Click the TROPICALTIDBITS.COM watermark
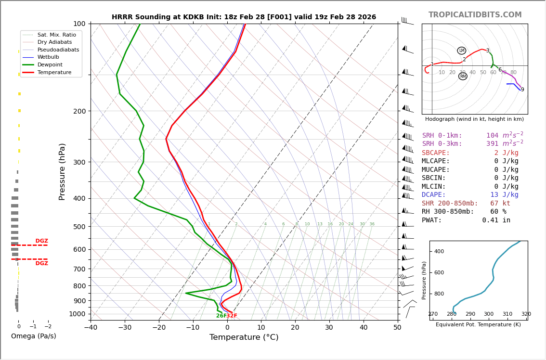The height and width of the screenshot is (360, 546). click(475, 15)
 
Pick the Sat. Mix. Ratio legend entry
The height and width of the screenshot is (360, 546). click(56, 35)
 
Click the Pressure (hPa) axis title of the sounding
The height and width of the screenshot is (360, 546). click(63, 171)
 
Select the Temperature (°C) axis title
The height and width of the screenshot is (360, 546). click(244, 337)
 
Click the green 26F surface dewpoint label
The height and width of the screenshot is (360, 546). click(221, 316)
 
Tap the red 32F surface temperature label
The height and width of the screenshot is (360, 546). click(232, 316)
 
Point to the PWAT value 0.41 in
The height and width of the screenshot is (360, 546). click(496, 220)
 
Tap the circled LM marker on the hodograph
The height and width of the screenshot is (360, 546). click(462, 51)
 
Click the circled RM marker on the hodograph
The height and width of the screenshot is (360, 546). click(463, 76)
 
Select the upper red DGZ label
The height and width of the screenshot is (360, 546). click(42, 241)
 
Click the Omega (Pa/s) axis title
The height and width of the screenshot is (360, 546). click(33, 336)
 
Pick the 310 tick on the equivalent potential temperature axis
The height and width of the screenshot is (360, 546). click(507, 314)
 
